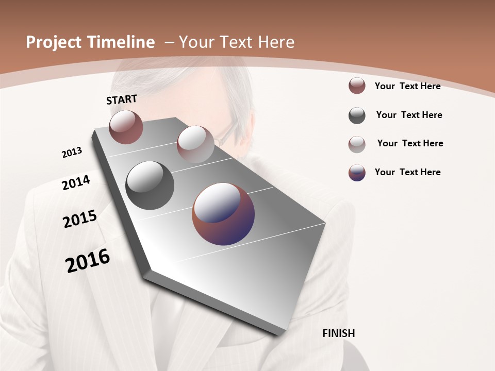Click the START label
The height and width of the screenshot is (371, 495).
(122, 99)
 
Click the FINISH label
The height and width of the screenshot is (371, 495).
(338, 333)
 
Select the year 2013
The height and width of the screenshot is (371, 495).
(72, 153)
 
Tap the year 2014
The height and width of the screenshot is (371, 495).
(76, 183)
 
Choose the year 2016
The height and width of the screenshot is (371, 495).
(88, 261)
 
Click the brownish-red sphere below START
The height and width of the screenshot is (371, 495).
(126, 127)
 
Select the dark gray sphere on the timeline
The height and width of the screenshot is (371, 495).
(150, 185)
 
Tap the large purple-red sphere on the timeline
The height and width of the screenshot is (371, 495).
(223, 213)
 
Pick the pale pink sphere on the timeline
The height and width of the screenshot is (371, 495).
(195, 144)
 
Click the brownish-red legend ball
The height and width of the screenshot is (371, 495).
(357, 86)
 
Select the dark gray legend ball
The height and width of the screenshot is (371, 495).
(357, 115)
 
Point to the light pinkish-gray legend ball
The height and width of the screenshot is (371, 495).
(357, 144)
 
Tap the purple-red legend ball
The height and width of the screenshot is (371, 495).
(357, 172)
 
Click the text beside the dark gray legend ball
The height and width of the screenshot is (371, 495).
(409, 115)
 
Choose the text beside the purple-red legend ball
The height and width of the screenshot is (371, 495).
(407, 172)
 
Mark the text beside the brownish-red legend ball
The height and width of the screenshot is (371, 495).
(407, 86)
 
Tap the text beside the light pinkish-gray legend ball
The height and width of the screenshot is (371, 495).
(410, 143)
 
